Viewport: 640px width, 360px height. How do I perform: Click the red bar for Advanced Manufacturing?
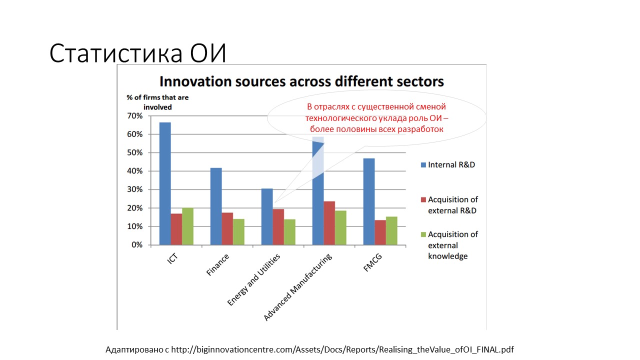(329, 223)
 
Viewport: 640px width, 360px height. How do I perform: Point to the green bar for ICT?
(187, 226)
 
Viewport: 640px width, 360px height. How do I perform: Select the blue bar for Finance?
(216, 206)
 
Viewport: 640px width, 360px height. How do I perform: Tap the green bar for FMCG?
(392, 230)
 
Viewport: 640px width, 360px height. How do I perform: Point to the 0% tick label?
(137, 245)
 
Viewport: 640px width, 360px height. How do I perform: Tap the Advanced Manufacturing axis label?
(298, 288)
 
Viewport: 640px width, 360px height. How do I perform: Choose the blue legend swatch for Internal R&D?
(423, 165)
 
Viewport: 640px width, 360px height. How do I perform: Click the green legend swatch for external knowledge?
(423, 234)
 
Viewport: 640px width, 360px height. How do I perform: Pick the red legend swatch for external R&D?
(423, 199)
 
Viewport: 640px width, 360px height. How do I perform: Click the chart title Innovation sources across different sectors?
(301, 81)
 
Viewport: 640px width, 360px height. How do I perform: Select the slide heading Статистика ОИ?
(137, 53)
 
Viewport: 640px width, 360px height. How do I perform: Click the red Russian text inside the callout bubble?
(376, 117)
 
